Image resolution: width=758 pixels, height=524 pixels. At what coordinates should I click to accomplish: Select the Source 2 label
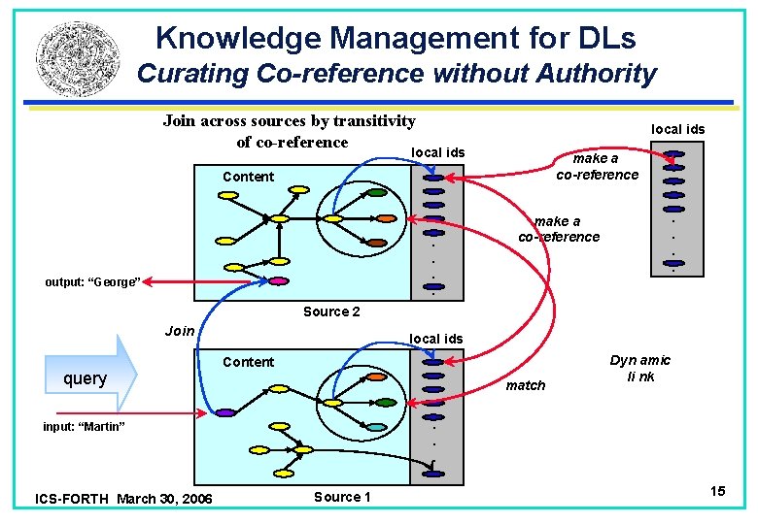(331, 311)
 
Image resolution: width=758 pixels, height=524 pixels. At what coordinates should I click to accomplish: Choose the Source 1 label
(342, 497)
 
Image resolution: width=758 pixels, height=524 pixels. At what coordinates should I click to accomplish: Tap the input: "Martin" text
(84, 427)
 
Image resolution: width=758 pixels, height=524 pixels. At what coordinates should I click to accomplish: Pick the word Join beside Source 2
(180, 331)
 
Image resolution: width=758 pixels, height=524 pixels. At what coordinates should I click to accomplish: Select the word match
(527, 385)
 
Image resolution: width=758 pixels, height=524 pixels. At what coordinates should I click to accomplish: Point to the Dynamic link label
(639, 368)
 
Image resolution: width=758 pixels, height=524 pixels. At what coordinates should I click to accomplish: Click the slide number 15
(718, 492)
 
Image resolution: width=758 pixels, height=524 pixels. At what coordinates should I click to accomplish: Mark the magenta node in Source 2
(278, 281)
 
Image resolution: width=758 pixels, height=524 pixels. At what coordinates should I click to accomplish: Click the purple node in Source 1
(225, 412)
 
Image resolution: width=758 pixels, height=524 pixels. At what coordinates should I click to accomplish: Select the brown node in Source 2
(385, 218)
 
